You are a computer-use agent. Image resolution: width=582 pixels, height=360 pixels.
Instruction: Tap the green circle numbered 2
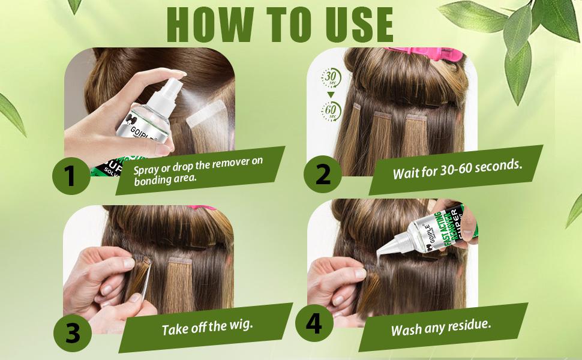click(x=322, y=174)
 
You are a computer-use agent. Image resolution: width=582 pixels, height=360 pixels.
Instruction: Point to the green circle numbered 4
click(x=313, y=324)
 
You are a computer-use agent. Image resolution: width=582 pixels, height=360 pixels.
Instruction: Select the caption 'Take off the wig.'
click(x=208, y=328)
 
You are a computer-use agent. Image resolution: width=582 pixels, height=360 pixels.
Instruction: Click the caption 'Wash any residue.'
click(x=441, y=328)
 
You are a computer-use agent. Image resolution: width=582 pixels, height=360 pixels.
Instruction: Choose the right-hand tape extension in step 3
click(x=181, y=282)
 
